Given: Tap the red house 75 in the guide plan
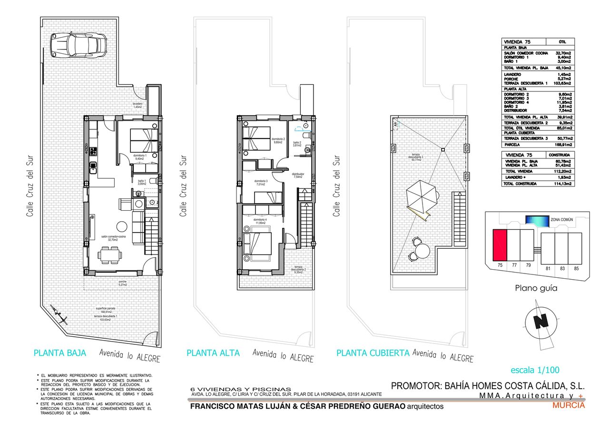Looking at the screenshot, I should coord(499,244).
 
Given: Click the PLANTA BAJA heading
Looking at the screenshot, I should coord(59,353).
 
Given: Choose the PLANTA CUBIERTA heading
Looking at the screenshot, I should coord(373,353).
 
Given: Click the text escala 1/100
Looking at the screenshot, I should coord(535,370).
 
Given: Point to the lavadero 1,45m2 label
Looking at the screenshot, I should coord(138,105).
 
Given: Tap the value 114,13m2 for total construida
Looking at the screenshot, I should coord(562,183).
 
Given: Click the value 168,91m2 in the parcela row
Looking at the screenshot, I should coord(562,144).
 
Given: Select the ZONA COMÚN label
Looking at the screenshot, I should coord(561,220).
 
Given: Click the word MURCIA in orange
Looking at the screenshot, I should coord(569,406).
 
